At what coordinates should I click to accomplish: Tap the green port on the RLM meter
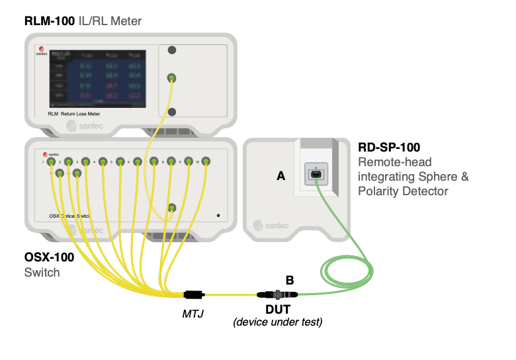pos(172,79)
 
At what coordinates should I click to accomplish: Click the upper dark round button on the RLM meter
pos(172,50)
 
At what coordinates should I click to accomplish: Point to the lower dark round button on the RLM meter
pos(172,111)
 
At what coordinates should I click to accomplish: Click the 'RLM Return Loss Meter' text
pos(79,114)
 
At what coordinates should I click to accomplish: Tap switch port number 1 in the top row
pos(52,161)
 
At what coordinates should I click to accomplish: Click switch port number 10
pos(206,160)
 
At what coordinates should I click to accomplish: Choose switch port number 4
pos(103,161)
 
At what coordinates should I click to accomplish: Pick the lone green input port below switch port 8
pos(172,208)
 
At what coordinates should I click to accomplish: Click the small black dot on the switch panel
pos(218,216)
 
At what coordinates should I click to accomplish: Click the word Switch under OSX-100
pos(42,272)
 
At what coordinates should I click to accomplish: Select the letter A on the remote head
pos(281,175)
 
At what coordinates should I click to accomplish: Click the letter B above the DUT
pos(289,280)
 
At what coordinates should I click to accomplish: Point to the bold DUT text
pos(278,310)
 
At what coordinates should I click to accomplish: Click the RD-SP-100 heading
pos(391,147)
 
